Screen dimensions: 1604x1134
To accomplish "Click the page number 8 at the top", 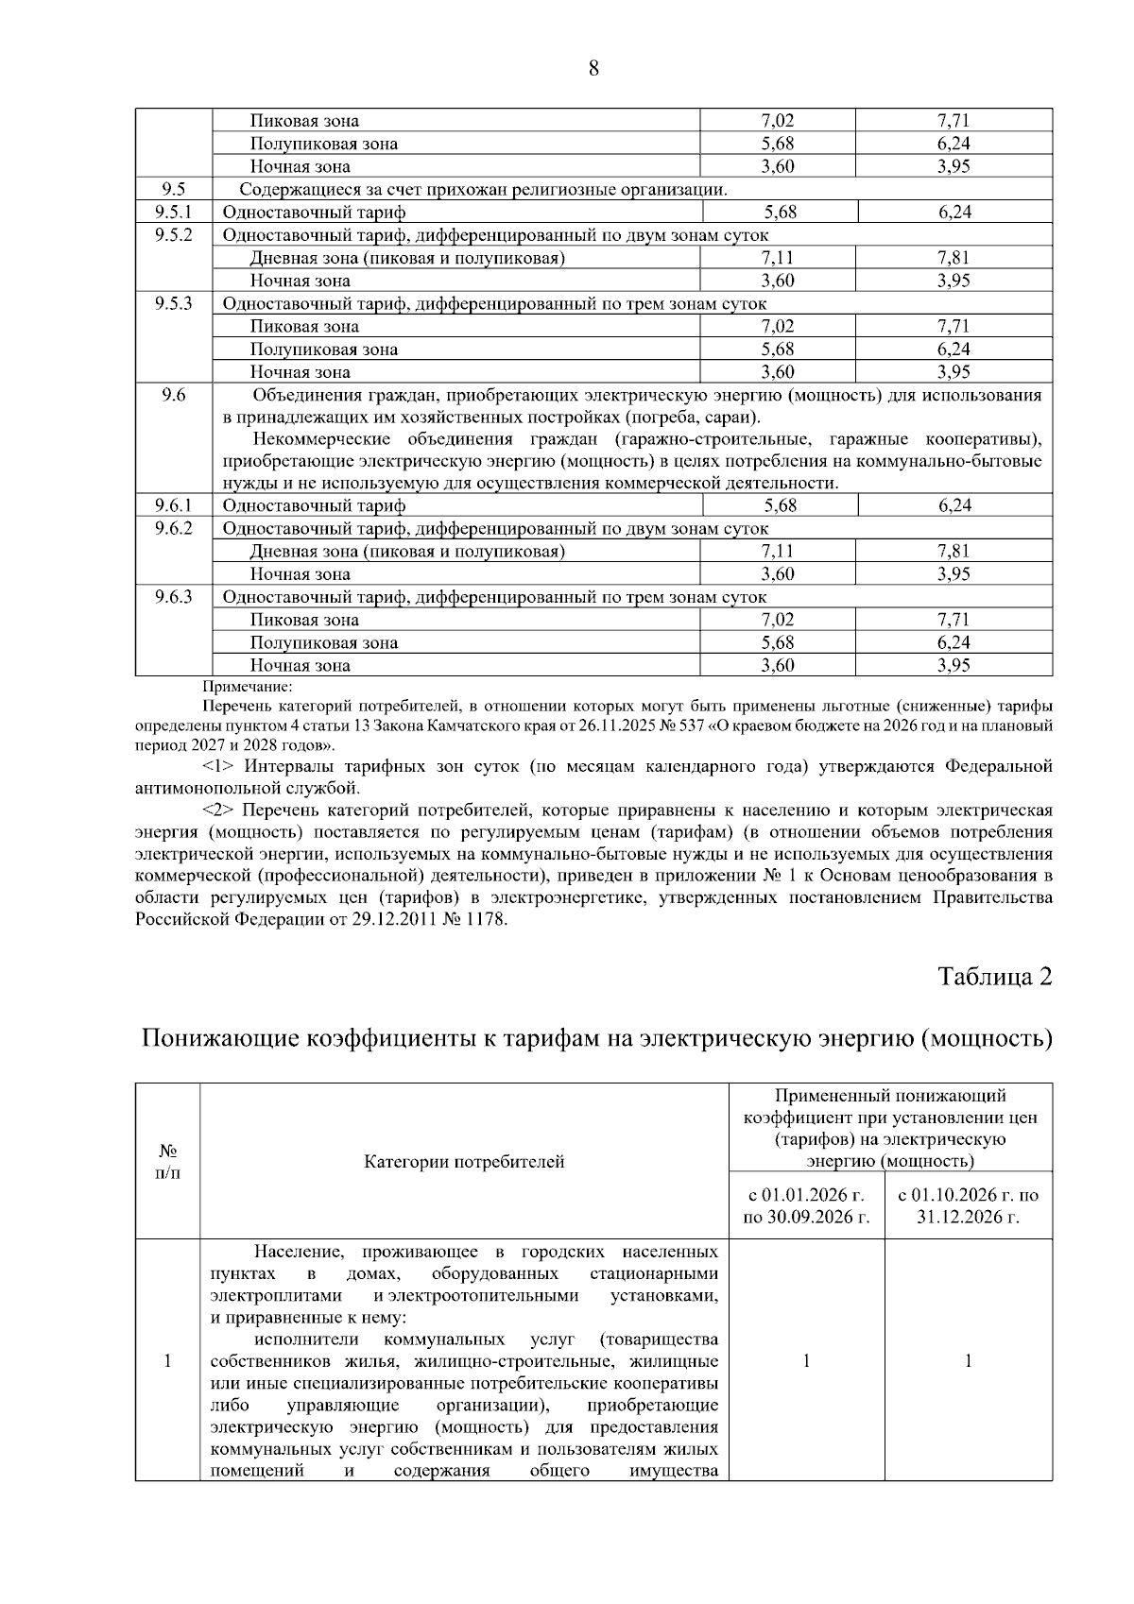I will point(593,68).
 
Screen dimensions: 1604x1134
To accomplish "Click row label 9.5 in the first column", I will point(173,189).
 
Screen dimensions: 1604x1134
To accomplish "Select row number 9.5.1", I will point(173,213).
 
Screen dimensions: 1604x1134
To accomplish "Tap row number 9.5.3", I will point(173,303).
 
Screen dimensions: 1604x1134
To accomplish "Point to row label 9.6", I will point(173,395).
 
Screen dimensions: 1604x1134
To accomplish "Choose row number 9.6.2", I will point(173,528).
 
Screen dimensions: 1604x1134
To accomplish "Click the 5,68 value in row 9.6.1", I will point(780,505).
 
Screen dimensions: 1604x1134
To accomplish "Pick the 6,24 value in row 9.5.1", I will point(954,213).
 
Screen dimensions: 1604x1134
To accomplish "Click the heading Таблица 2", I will point(994,976).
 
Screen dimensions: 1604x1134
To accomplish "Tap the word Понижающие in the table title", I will point(218,1038).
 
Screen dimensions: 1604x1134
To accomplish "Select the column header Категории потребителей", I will point(464,1161).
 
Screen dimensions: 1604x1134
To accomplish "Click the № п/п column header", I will point(167,1161).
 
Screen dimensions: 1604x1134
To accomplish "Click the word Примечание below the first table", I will point(248,687).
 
